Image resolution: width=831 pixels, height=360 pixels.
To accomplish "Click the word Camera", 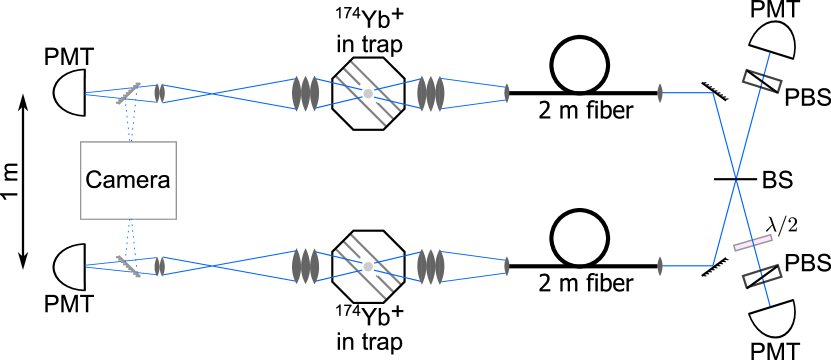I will (x=128, y=181).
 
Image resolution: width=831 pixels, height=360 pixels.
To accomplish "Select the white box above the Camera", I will (x=102, y=93).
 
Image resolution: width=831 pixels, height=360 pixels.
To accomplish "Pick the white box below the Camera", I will (x=102, y=266).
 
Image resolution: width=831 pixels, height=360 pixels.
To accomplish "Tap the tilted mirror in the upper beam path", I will (x=129, y=93).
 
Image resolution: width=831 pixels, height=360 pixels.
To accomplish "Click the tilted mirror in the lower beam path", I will (x=129, y=266).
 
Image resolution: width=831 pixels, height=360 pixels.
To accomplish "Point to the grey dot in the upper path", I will (x=368, y=93).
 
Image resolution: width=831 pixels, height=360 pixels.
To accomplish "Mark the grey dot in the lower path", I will (x=368, y=267).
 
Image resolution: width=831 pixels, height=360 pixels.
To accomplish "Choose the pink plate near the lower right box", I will (x=753, y=243).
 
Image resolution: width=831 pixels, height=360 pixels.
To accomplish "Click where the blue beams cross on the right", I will (x=736, y=180).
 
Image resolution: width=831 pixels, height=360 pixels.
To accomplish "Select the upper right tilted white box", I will (x=767, y=68).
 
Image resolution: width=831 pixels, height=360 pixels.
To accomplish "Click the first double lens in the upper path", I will (x=305, y=93).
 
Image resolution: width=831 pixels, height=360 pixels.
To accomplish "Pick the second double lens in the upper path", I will (x=431, y=93).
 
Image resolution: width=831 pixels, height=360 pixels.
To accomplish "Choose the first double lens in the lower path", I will (x=305, y=266).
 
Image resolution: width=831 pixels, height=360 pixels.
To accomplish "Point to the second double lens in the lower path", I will (x=431, y=266).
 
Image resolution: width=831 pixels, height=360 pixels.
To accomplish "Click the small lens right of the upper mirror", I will (x=159, y=93).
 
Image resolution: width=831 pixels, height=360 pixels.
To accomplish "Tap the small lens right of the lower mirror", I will (x=159, y=266).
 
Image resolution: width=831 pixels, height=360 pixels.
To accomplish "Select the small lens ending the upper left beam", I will (x=508, y=93).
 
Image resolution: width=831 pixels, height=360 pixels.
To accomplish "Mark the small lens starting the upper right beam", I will (x=660, y=93).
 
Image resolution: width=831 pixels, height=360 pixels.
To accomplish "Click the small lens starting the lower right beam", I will (x=660, y=266).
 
